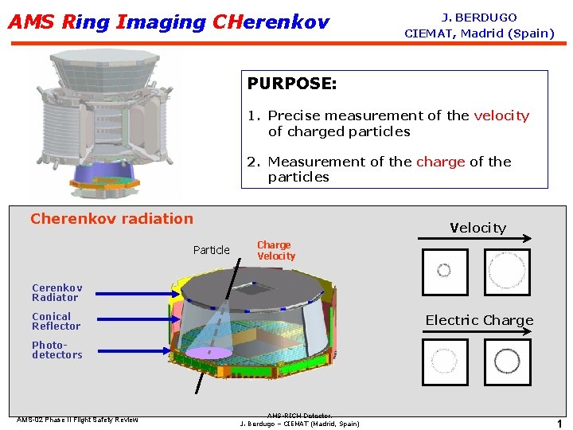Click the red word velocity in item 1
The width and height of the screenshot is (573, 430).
pyautogui.click(x=501, y=115)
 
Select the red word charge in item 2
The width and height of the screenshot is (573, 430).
pyautogui.click(x=440, y=162)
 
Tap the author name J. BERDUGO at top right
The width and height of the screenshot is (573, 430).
pyautogui.click(x=479, y=18)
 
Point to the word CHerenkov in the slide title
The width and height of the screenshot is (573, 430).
pyautogui.click(x=271, y=22)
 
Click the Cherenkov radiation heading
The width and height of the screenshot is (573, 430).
pyautogui.click(x=111, y=218)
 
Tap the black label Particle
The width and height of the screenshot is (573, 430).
pyautogui.click(x=211, y=250)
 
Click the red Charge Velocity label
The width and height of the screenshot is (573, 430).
pyautogui.click(x=275, y=251)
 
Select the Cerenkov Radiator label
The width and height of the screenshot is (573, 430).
pyautogui.click(x=57, y=292)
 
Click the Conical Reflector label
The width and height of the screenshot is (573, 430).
pyautogui.click(x=56, y=321)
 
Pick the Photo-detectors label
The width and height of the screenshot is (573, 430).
pyautogui.click(x=57, y=350)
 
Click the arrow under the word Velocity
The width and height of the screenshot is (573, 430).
pyautogui.click(x=477, y=238)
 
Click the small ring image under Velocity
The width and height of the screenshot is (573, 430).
pyautogui.click(x=444, y=272)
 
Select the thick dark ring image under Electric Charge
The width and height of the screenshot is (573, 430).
pyautogui.click(x=506, y=362)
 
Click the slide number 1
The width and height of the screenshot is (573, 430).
pyautogui.click(x=559, y=424)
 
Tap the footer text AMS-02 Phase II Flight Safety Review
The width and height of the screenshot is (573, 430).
pyautogui.click(x=77, y=420)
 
